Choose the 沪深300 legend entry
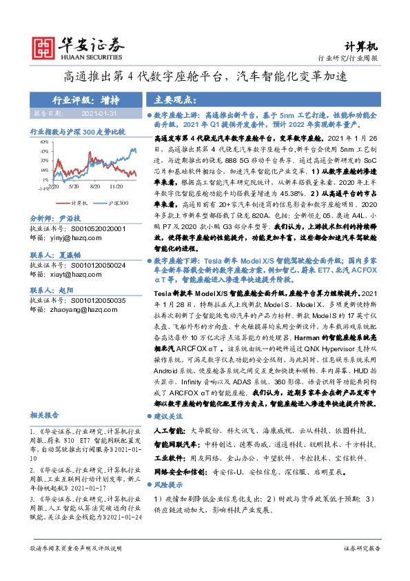(x=114, y=204)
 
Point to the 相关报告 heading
(x=45, y=415)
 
